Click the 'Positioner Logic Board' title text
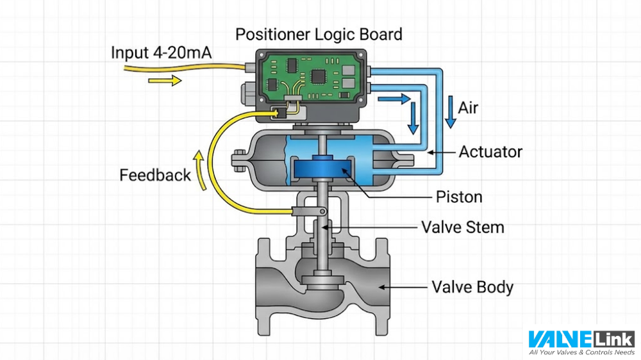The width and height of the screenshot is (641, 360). (319, 33)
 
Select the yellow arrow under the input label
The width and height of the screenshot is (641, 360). (165, 81)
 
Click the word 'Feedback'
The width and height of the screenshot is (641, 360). (155, 175)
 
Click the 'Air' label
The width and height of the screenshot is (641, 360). (468, 108)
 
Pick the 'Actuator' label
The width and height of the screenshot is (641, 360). (490, 152)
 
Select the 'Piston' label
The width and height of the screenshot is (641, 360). (459, 196)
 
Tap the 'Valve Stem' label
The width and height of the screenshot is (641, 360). (462, 227)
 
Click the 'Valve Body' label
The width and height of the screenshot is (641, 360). (472, 287)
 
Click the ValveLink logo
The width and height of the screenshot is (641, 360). (581, 339)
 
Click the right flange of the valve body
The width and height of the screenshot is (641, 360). (374, 286)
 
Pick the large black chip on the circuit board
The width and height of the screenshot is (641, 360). (318, 76)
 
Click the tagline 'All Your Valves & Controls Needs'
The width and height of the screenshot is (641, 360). (581, 352)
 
